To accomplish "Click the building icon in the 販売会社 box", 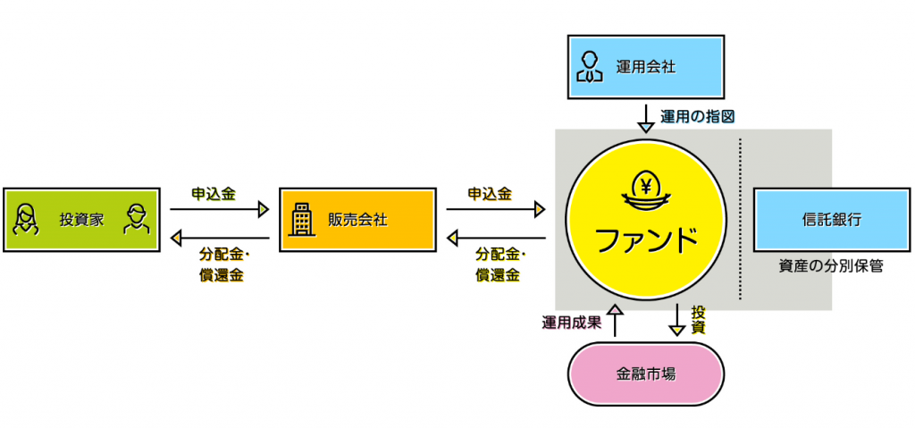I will click(x=302, y=219).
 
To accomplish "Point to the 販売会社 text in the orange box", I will click(x=357, y=219).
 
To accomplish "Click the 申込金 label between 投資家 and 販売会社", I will click(x=214, y=193).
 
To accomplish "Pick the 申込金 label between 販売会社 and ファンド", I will click(x=490, y=193).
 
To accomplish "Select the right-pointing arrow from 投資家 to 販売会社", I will click(x=219, y=210).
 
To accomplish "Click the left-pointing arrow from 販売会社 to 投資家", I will click(x=219, y=238).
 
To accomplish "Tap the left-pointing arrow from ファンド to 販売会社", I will click(x=495, y=238).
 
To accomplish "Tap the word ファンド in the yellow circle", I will click(x=646, y=239).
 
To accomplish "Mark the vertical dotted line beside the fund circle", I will click(x=740, y=219).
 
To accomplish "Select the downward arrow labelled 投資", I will click(x=677, y=320).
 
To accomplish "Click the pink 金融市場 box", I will click(x=646, y=373).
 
